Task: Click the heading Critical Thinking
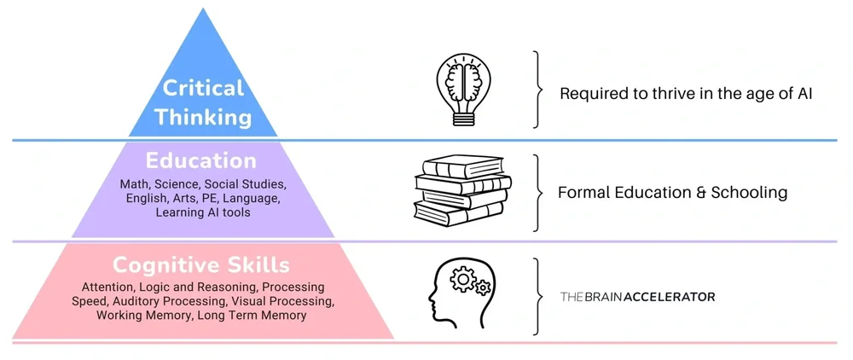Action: pos(203,102)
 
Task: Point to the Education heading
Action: pos(201,161)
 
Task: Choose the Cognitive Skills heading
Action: pos(201,264)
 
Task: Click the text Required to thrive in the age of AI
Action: pos(686,93)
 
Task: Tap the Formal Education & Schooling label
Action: pos(672,193)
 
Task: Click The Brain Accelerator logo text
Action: pos(637,297)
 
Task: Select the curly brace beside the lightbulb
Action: pos(537,90)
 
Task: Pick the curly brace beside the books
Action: pos(537,193)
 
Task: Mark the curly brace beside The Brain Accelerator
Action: pos(537,296)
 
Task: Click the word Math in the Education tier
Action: pos(135,185)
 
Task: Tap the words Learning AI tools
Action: pos(202,212)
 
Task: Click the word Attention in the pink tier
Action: pos(107,287)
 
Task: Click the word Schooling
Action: pos(748,193)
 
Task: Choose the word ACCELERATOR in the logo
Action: pos(670,297)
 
